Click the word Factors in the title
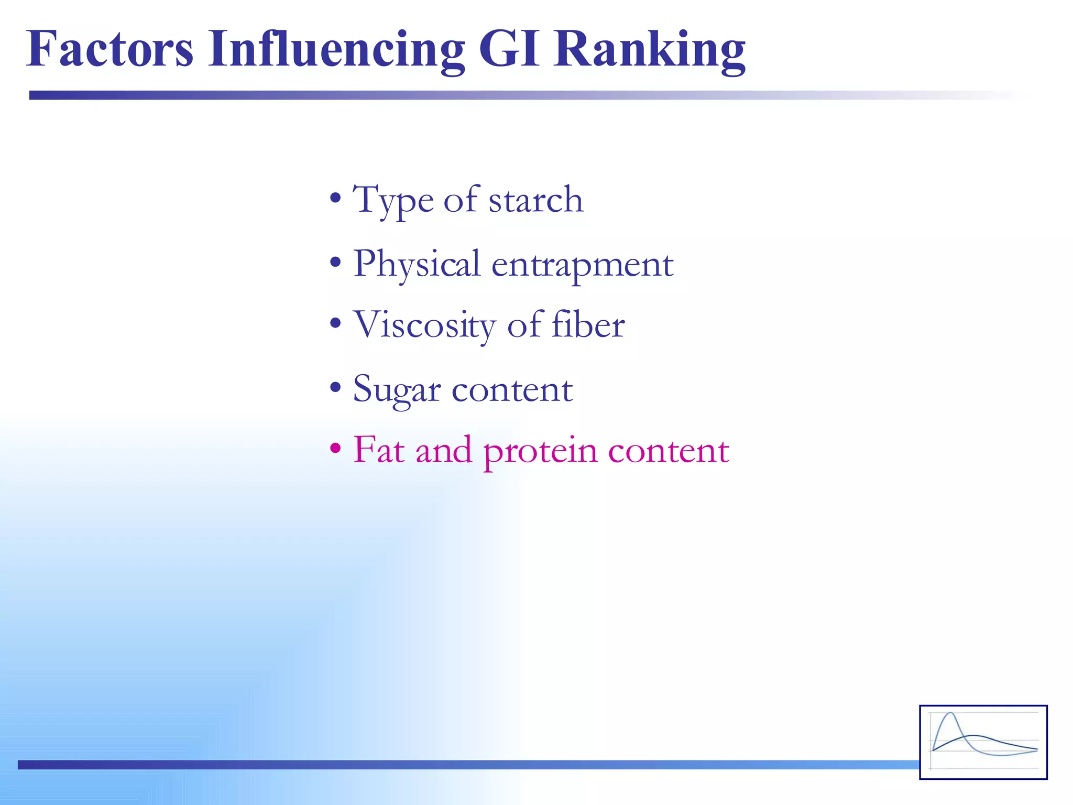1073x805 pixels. click(110, 49)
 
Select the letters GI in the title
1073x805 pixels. click(509, 49)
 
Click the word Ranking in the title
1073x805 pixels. click(650, 49)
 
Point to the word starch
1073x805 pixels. click(535, 200)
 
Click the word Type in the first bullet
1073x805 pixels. click(393, 200)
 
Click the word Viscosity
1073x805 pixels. click(424, 325)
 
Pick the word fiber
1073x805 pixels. click(588, 325)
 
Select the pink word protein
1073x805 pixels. click(540, 451)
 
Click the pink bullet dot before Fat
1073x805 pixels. click(335, 449)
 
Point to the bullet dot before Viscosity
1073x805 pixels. click(335, 324)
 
